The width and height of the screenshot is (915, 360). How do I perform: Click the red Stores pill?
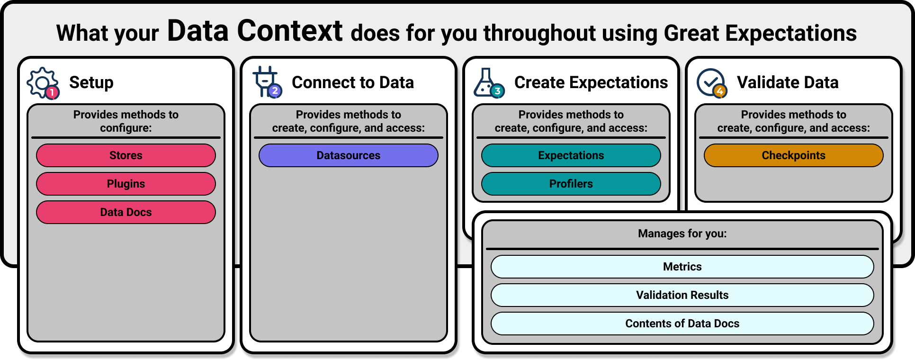126,155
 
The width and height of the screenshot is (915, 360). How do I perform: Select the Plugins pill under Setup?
126,184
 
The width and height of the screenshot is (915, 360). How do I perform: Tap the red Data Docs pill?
126,212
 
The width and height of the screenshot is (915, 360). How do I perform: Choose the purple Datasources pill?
349,155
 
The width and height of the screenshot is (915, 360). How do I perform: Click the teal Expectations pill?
571,155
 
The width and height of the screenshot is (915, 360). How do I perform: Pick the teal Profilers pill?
571,184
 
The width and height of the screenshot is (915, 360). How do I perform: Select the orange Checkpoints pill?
794,155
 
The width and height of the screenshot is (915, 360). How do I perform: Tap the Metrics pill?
682,267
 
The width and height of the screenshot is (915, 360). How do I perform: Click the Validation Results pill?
682,295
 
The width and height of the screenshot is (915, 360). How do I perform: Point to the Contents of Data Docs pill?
682,324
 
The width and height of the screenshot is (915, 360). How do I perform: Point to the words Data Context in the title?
255,31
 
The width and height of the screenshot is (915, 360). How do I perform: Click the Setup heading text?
91,82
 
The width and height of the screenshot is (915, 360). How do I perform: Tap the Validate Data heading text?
788,82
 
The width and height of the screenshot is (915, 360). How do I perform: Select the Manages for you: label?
682,234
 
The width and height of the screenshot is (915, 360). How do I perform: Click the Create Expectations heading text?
591,82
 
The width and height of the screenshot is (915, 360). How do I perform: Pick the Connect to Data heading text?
353,82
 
